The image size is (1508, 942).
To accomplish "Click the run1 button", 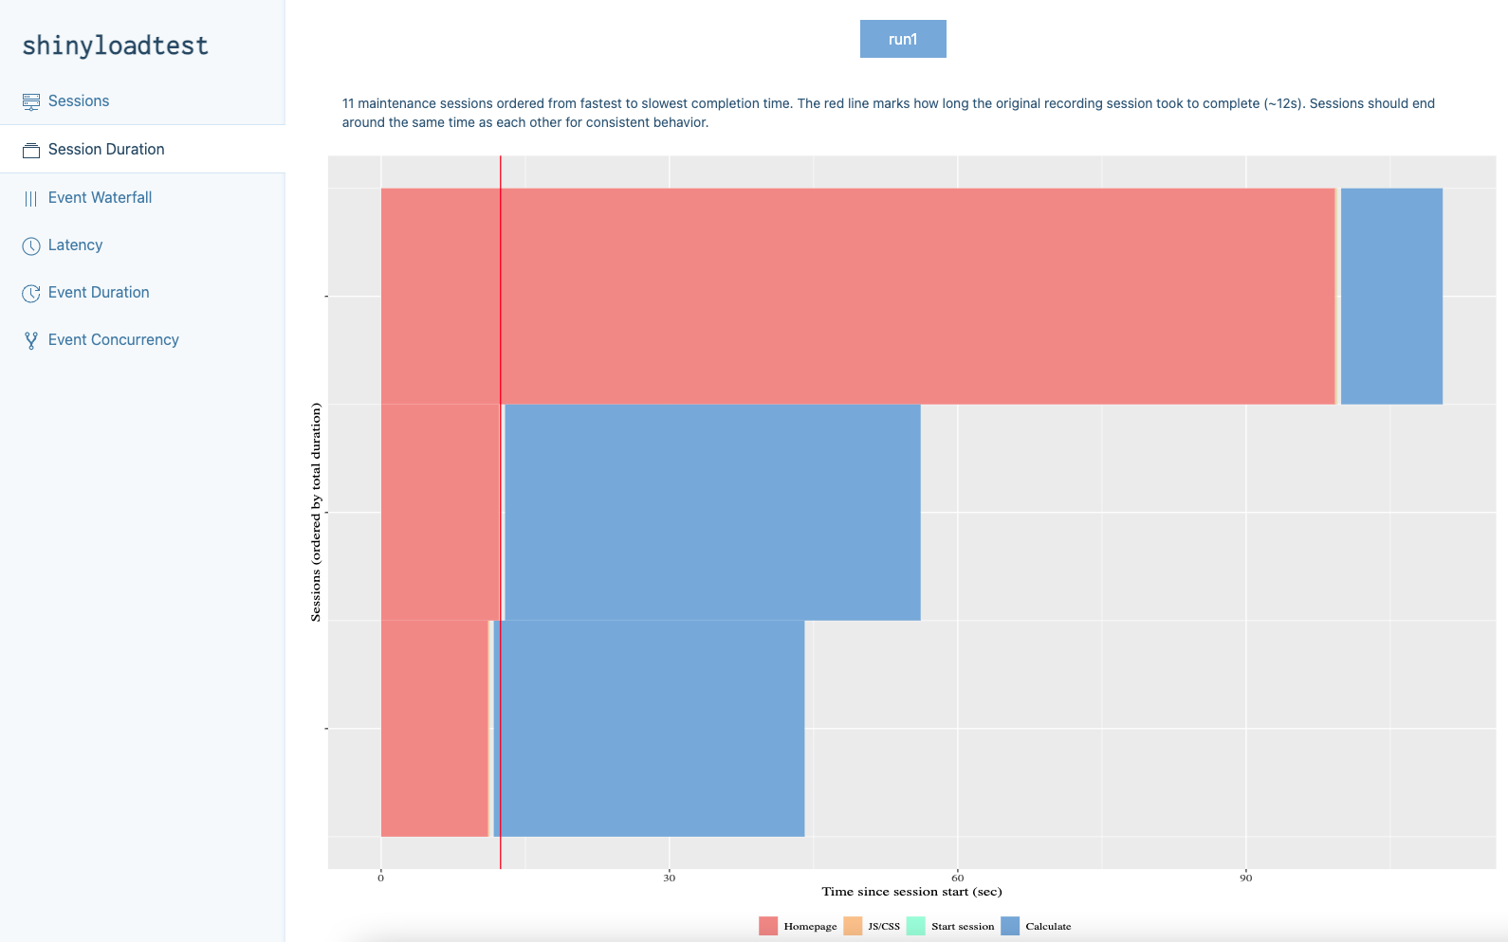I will (x=902, y=39).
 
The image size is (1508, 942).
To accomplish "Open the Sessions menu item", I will (x=79, y=101).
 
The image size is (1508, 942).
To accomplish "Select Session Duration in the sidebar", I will (x=106, y=150).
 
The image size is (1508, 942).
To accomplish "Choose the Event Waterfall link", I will (x=100, y=197).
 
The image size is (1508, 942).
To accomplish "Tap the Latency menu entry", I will (x=75, y=245).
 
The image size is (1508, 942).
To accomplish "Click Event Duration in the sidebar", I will (x=99, y=292).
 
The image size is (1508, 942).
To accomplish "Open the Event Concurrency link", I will (x=113, y=339).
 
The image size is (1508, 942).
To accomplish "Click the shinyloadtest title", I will (x=115, y=45).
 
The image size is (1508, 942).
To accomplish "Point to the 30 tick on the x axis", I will (x=670, y=878).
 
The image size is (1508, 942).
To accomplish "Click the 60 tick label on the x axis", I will (x=958, y=878).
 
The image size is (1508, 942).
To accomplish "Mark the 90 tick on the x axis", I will (x=1245, y=878).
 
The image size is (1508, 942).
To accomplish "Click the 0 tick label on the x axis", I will (x=381, y=878).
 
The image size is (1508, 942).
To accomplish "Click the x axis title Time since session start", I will (x=911, y=892).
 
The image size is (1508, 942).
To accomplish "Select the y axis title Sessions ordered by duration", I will (x=316, y=512).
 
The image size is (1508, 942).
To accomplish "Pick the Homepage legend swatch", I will (x=768, y=926).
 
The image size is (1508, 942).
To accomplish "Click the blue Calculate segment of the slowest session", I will (x=1391, y=296).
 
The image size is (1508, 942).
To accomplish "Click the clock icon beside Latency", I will (x=31, y=245).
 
